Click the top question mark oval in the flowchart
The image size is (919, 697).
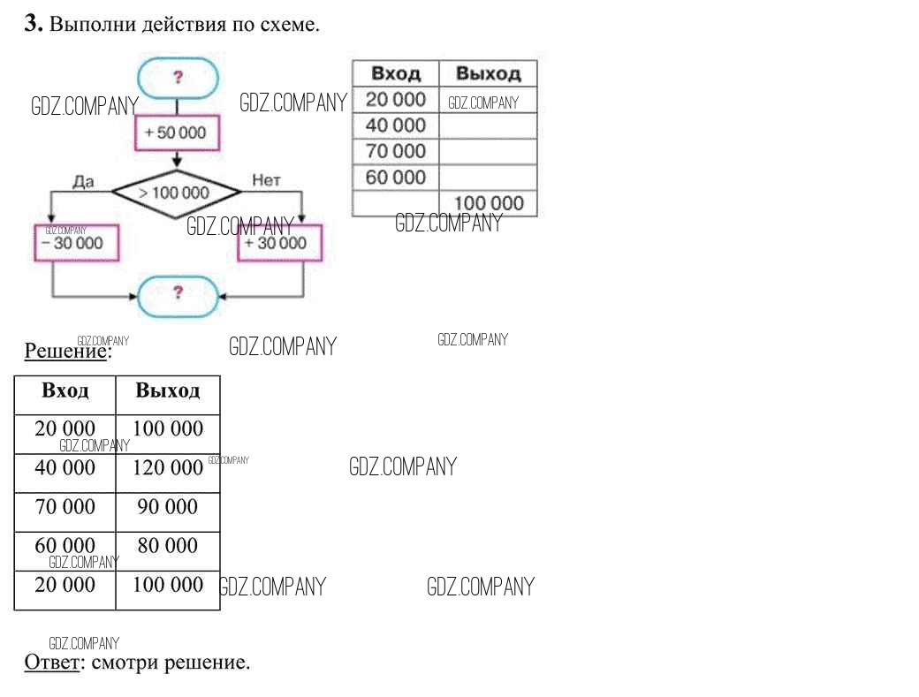(178, 78)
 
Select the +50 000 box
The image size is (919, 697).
(177, 133)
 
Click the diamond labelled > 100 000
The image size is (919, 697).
(175, 192)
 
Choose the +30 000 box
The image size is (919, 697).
(276, 243)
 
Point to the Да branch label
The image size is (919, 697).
(83, 180)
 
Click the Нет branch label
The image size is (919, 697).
(266, 180)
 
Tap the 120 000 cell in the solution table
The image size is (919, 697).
(168, 467)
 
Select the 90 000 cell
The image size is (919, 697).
(168, 507)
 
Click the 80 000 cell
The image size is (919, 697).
(168, 546)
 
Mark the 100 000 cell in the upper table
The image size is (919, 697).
(488, 204)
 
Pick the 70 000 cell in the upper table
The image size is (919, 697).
(396, 151)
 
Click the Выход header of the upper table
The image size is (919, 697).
(488, 73)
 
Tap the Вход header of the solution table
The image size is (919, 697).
(65, 390)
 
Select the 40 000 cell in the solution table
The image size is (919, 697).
(65, 467)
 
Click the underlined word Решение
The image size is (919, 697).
(65, 351)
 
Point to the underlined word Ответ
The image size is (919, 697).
(51, 662)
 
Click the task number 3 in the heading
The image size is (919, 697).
(33, 25)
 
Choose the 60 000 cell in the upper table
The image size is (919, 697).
(396, 177)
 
